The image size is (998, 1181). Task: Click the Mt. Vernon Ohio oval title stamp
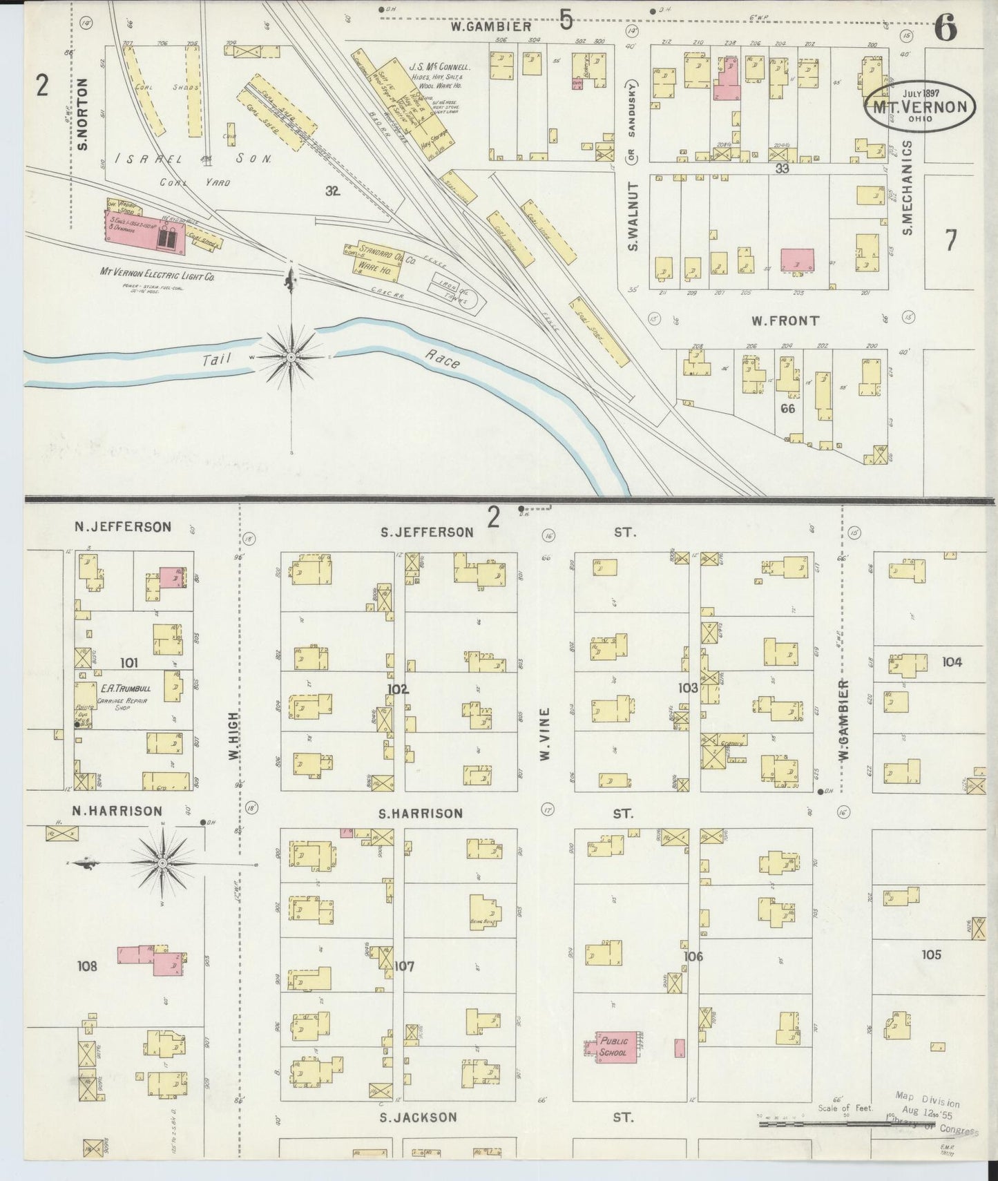(921, 107)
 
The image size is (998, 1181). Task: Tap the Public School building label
(613, 1047)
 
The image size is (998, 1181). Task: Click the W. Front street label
(785, 320)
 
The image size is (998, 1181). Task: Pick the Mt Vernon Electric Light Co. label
(157, 273)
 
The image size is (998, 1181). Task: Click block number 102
(398, 689)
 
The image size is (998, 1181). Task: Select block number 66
(787, 408)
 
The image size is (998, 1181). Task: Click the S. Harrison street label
(420, 813)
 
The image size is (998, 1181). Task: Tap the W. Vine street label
(545, 734)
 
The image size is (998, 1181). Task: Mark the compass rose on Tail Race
(291, 357)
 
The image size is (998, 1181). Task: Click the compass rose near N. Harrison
(162, 863)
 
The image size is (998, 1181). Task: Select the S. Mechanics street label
(908, 188)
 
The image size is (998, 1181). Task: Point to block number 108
(88, 966)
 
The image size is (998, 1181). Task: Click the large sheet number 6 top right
(946, 29)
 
